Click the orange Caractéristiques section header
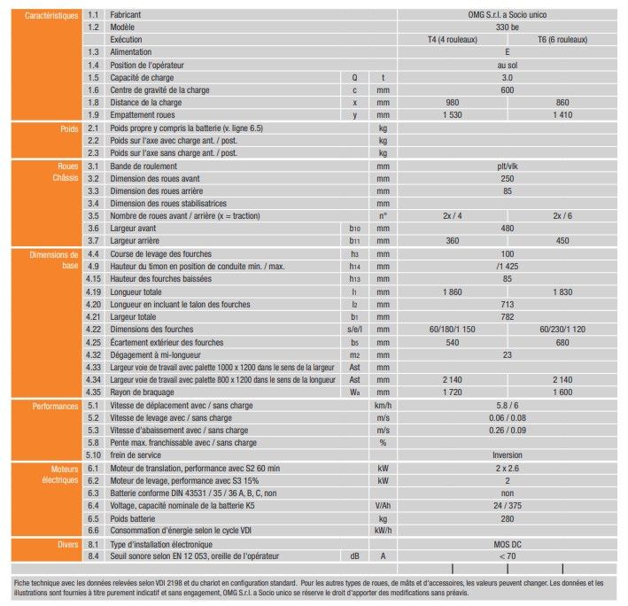pos(43,16)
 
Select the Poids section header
pos(67,128)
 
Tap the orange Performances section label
pos(52,406)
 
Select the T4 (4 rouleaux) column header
pos(452,41)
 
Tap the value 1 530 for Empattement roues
pos(452,115)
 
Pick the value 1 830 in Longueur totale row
pos(562,291)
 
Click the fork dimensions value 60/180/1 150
pos(452,330)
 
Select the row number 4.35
pos(95,392)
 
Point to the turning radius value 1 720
pos(452,392)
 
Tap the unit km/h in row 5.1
pos(384,406)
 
